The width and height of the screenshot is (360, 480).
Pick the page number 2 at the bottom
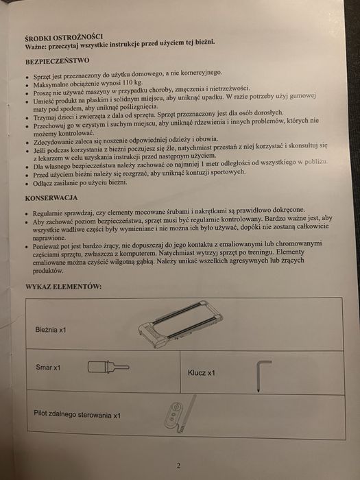pos(178,466)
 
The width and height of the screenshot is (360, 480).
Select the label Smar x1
pos(48,368)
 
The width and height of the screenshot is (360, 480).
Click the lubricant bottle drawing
pos(110,366)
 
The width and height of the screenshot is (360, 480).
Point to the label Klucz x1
pos(202,373)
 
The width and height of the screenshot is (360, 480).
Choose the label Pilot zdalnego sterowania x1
pos(77,415)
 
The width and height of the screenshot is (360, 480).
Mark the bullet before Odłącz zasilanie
pos(27,182)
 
